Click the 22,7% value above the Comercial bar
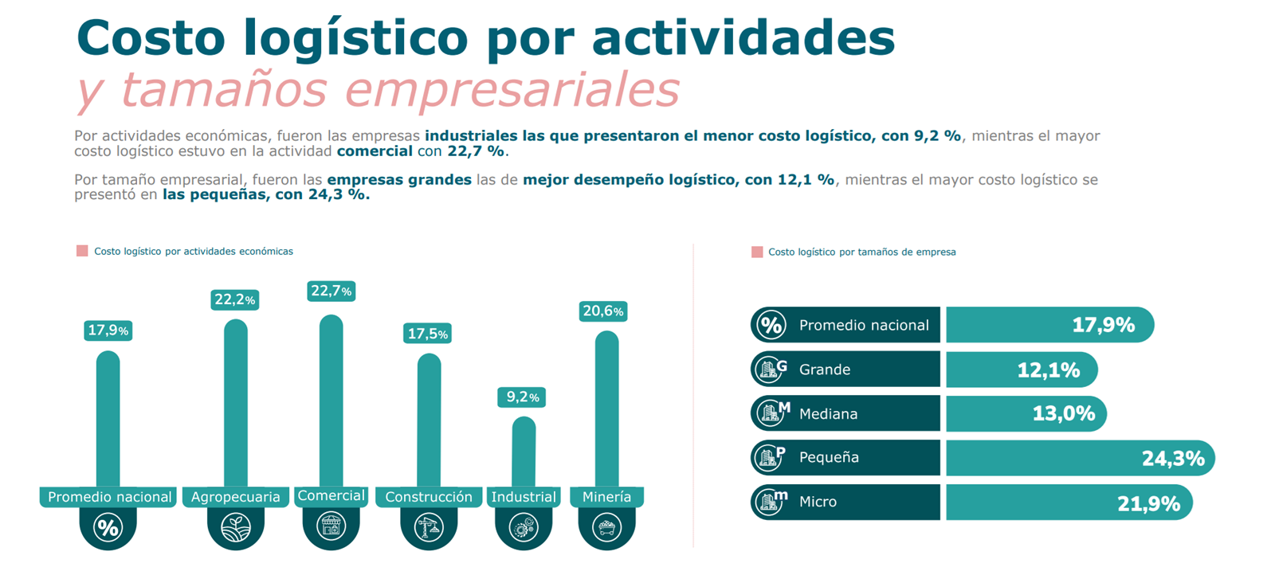coord(331,291)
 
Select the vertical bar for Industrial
coord(524,452)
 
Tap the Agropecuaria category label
coord(236,497)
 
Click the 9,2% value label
coord(522,397)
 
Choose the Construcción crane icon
coord(429,527)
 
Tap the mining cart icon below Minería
coord(607,527)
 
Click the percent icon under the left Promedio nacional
coord(108,527)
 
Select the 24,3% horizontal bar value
coord(1173,458)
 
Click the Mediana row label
coord(828,414)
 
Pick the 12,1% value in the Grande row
coord(1049,370)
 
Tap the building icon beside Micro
coord(771,502)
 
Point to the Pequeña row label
coord(829,458)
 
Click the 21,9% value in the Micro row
coord(1148,502)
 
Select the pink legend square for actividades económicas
coord(82,251)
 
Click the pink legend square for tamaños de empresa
coord(757,252)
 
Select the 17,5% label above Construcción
coord(427,334)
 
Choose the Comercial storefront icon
coord(331,526)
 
